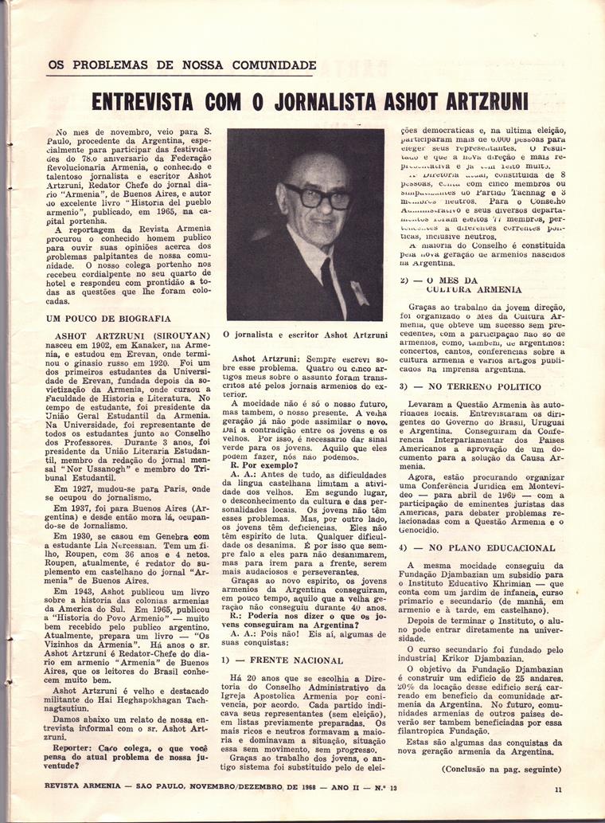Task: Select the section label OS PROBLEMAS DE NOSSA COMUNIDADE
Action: tap(182, 65)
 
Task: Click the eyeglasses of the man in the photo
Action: tap(317, 195)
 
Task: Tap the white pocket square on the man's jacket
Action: tap(360, 292)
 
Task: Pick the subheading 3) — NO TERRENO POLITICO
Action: tap(467, 386)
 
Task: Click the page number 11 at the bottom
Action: tap(559, 790)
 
